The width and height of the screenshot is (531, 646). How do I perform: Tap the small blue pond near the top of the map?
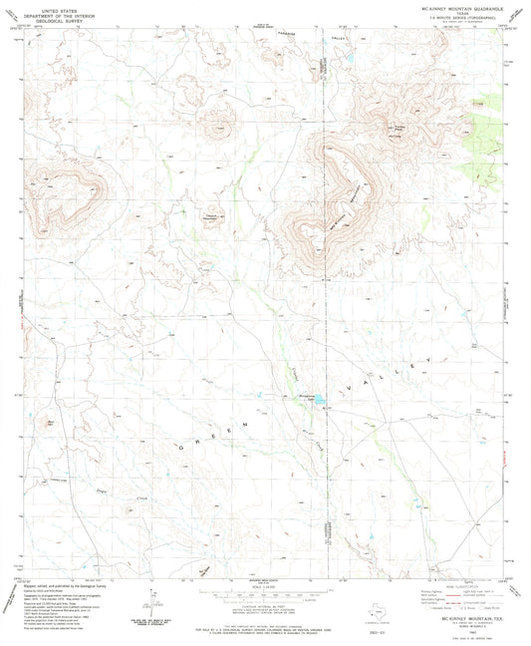pos(350,66)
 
